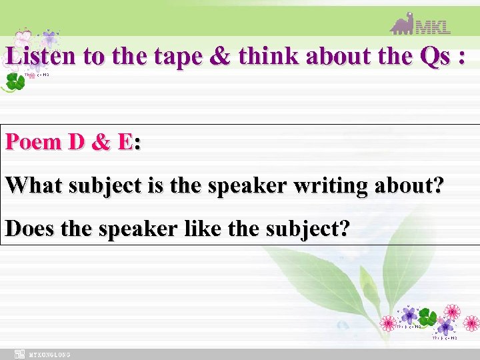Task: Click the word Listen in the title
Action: coord(41,57)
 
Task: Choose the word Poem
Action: coord(34,142)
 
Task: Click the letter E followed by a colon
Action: coord(123,142)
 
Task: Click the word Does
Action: coord(30,228)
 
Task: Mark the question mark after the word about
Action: coord(436,185)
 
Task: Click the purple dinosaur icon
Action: coord(402,23)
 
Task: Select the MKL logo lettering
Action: coord(433,27)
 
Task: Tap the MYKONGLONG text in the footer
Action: coord(49,355)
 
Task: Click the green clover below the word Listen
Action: coord(14,81)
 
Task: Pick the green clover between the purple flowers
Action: coord(427,317)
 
